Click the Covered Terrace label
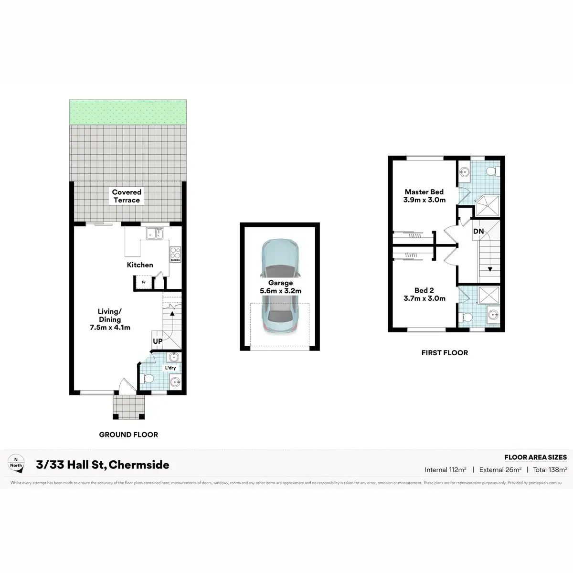point(127,196)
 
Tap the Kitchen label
point(140,265)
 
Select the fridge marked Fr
point(143,283)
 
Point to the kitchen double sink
point(155,233)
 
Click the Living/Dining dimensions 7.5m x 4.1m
point(109,328)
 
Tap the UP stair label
point(158,341)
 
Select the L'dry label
point(170,368)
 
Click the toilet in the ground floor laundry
point(148,379)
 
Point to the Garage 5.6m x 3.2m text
point(280,287)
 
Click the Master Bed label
point(424,192)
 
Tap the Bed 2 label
point(424,290)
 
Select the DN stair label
point(478,232)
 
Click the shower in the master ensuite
point(487,205)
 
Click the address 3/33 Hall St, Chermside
point(103,465)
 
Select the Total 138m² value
point(550,470)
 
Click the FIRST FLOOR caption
point(444,353)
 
